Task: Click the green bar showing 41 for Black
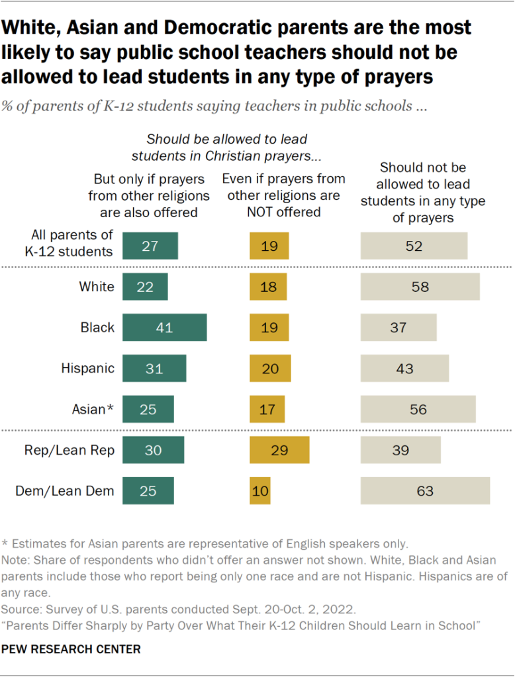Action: [x=165, y=328]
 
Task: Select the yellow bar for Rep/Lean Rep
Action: [x=279, y=450]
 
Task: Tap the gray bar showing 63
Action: [x=425, y=491]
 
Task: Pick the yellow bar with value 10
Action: [x=260, y=491]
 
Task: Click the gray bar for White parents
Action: [x=420, y=287]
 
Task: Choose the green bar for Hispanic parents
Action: [x=154, y=369]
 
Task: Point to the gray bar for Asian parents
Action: [x=418, y=410]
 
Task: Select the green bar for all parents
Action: [x=150, y=246]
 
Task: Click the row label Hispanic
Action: [x=88, y=369]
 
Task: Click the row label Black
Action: [x=97, y=328]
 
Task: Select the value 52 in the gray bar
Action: [x=414, y=246]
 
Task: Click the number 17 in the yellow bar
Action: [x=267, y=410]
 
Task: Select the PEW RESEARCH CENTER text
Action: [x=71, y=649]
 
